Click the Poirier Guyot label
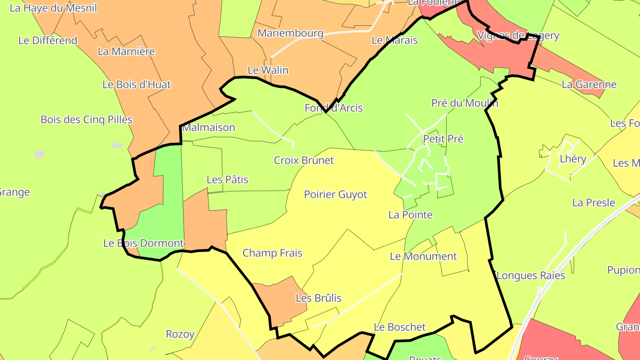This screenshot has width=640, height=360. (336, 195)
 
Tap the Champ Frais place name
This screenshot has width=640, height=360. (272, 253)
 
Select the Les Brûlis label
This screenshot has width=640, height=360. (318, 298)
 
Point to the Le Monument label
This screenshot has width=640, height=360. (423, 256)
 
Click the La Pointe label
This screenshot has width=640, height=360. (410, 215)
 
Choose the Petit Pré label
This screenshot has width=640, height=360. (443, 139)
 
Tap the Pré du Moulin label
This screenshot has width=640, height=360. (464, 104)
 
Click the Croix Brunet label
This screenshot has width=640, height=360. (304, 160)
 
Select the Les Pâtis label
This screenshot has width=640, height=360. (227, 180)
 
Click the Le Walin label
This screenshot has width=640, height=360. (268, 70)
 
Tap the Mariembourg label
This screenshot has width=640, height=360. (290, 33)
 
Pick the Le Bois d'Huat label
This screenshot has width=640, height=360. (136, 85)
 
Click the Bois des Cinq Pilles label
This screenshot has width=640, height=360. (86, 120)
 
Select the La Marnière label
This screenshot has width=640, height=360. (126, 52)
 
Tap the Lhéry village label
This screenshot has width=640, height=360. (573, 159)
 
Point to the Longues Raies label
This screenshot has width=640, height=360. (531, 276)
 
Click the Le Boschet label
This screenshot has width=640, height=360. (400, 328)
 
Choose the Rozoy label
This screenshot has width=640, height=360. (180, 334)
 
